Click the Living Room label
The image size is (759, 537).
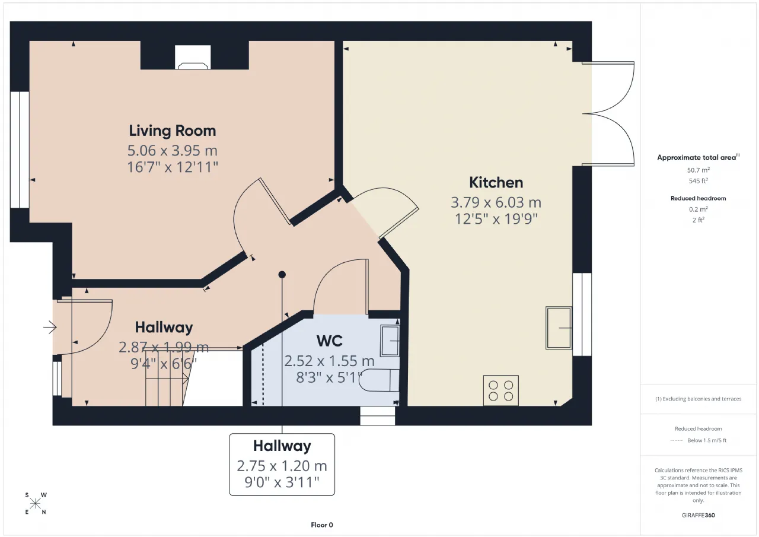click(172, 131)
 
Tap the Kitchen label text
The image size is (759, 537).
click(496, 183)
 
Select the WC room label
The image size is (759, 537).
click(329, 341)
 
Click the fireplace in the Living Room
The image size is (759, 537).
click(193, 57)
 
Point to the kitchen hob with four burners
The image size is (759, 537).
click(501, 390)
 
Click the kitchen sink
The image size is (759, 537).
click(559, 328)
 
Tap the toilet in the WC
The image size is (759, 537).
click(379, 380)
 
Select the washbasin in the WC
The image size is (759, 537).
click(390, 341)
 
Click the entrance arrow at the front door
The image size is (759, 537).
click(50, 327)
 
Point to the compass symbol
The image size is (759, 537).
click(35, 503)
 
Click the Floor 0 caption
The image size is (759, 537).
click(322, 525)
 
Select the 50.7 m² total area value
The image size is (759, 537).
click(698, 170)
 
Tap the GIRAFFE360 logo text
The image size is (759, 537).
click(698, 515)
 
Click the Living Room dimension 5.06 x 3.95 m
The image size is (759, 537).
click(172, 151)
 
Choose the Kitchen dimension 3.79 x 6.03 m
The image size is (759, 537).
click(496, 202)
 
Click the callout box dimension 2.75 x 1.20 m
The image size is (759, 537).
click(282, 466)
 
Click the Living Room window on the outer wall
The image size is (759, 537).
click(20, 150)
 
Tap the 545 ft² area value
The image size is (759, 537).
click(698, 181)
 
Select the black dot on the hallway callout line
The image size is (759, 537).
click(282, 274)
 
